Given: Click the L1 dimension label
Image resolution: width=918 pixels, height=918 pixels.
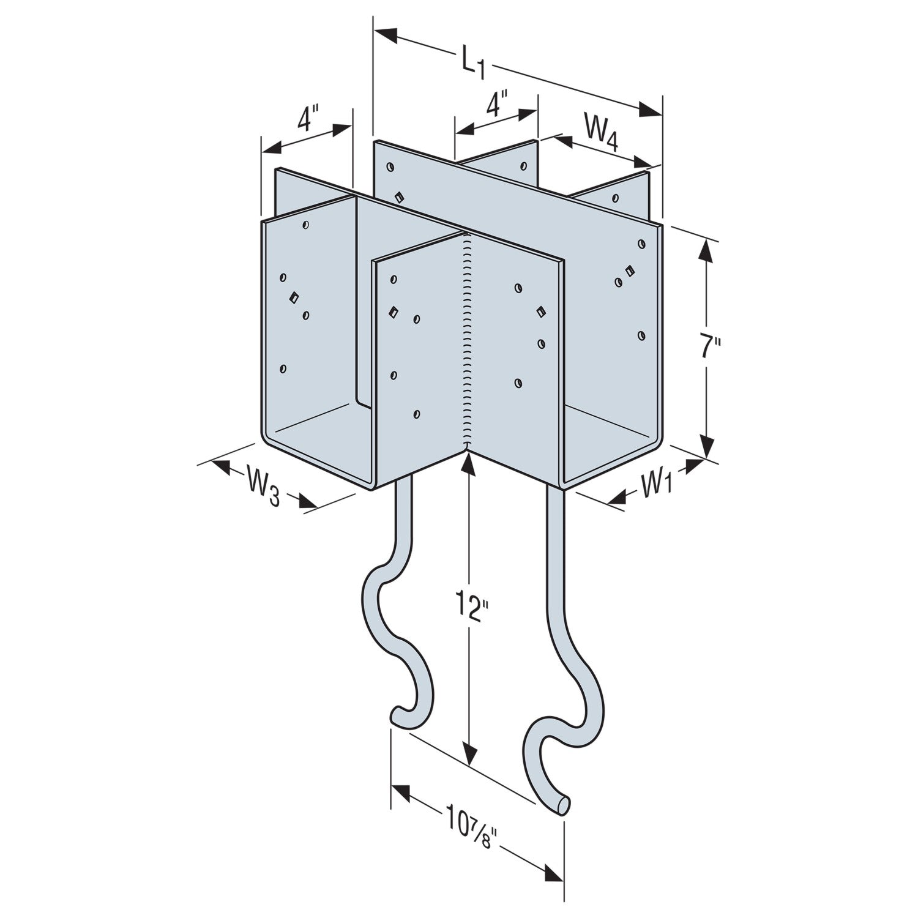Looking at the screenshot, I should click(x=472, y=64).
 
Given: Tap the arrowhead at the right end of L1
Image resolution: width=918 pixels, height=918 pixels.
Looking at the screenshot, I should click(x=651, y=110).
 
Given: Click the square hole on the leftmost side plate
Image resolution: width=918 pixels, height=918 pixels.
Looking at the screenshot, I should click(x=293, y=298).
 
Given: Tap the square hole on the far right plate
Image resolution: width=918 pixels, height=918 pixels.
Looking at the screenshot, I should click(x=629, y=271).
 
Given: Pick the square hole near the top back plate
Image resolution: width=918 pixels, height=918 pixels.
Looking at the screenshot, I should click(x=399, y=196).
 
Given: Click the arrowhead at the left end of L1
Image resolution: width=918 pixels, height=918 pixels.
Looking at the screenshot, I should click(x=386, y=35).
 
